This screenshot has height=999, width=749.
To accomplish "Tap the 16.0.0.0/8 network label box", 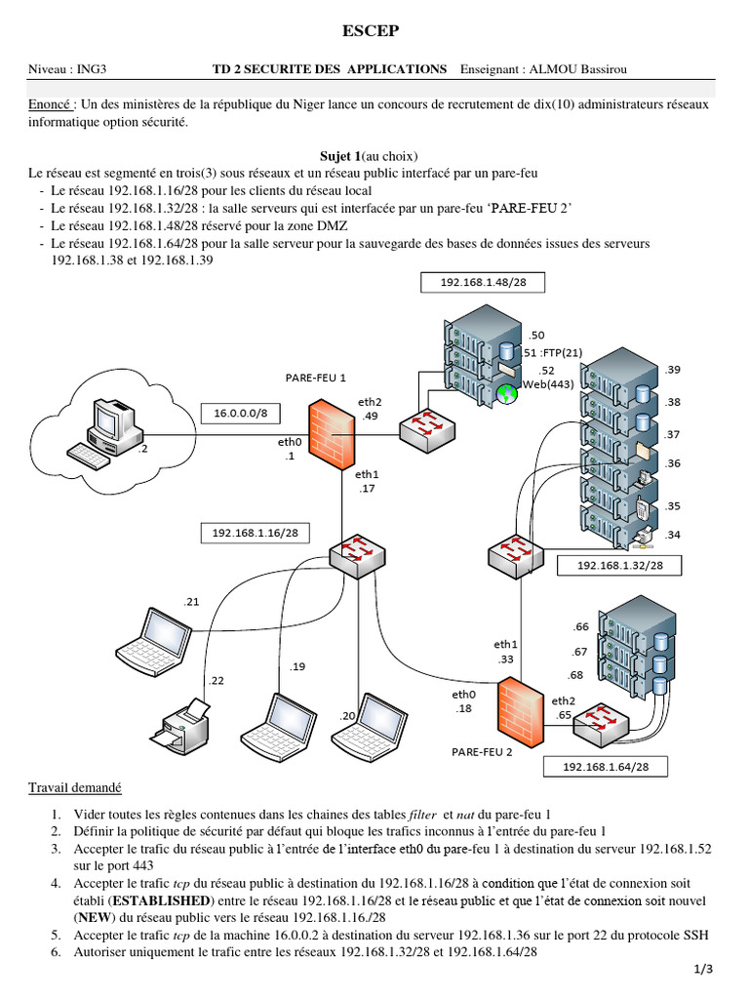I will (x=241, y=414).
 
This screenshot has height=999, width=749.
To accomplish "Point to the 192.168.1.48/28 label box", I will (x=482, y=282).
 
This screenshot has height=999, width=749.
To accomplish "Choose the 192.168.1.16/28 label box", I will (x=255, y=533).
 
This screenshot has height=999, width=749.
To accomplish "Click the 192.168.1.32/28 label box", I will (x=619, y=565).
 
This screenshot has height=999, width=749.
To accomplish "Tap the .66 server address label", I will (x=581, y=626).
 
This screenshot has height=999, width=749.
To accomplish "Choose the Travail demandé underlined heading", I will (x=75, y=787).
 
